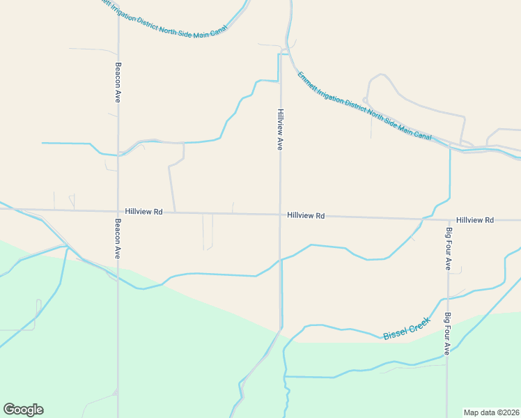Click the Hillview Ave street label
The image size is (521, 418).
(280, 130)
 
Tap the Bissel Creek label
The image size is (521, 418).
(402, 330)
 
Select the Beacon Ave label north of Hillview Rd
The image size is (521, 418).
(118, 83)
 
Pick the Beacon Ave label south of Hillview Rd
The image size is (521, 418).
(118, 239)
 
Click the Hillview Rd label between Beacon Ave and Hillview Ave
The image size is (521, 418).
(143, 211)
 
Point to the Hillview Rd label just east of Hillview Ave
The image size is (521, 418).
(305, 216)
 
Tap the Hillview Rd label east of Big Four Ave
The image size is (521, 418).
(475, 220)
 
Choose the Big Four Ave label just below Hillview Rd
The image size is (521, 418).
(449, 248)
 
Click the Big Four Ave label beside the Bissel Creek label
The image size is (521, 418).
(447, 334)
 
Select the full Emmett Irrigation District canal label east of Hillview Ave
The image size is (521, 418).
(364, 107)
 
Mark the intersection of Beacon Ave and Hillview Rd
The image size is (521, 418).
(118, 210)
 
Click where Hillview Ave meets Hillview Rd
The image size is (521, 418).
(280, 215)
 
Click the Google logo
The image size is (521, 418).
(23, 410)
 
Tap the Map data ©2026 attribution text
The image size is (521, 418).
(492, 412)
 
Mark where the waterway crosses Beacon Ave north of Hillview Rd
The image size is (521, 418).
(118, 155)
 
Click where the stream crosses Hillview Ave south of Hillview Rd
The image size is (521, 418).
(280, 261)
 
